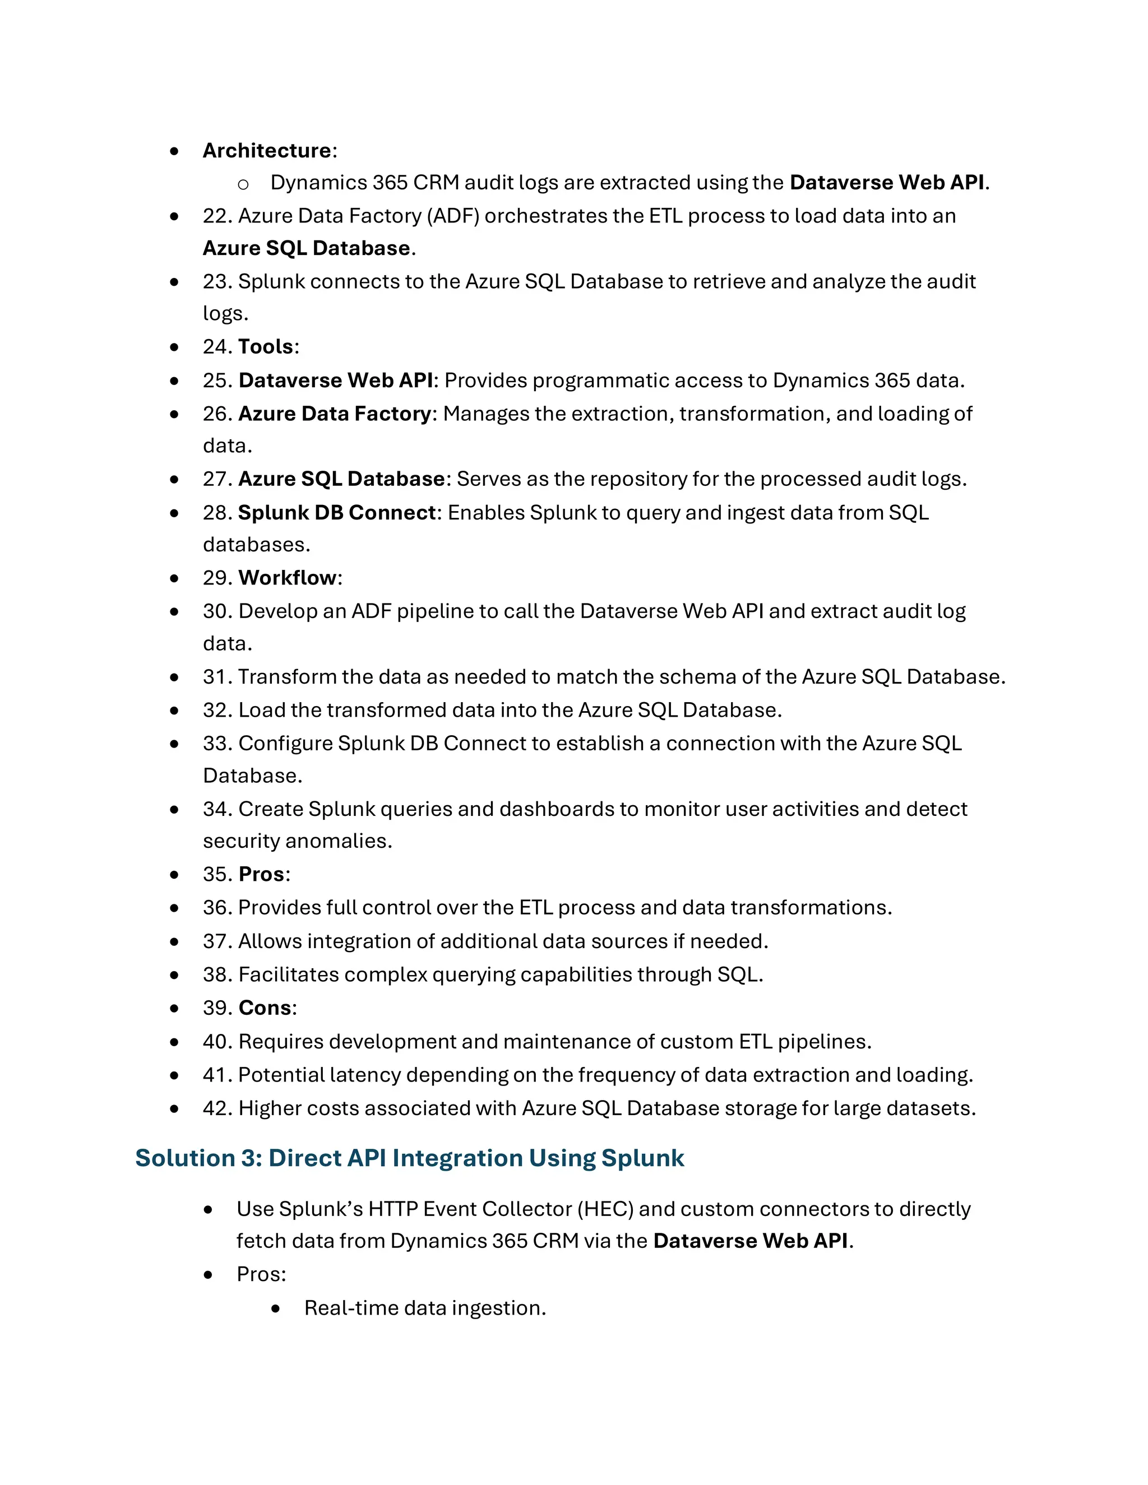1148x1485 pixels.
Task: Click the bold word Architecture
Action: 267,150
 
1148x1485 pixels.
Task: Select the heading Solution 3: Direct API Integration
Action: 409,1158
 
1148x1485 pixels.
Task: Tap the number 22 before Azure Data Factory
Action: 217,216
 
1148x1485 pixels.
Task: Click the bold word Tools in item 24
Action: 266,347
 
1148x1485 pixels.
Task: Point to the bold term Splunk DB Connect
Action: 337,513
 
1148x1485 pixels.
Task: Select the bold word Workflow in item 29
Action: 288,578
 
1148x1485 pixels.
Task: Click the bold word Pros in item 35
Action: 261,874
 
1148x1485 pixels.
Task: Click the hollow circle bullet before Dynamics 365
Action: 243,184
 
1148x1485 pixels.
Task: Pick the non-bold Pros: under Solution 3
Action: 261,1274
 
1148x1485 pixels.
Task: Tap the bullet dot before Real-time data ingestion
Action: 275,1308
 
